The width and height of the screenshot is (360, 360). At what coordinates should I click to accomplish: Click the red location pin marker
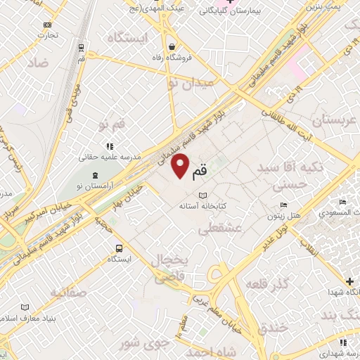pyautogui.click(x=181, y=165)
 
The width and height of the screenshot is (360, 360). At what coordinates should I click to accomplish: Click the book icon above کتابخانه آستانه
pyautogui.click(x=203, y=195)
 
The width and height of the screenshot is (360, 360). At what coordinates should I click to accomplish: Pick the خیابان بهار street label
pyautogui.click(x=129, y=196)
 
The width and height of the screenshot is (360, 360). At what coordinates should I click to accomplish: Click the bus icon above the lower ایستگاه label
pyautogui.click(x=119, y=247)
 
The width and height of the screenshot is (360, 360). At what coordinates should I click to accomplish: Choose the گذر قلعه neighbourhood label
pyautogui.click(x=267, y=283)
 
